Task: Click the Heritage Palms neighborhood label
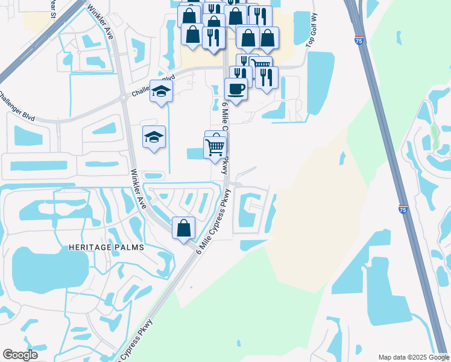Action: [106, 247]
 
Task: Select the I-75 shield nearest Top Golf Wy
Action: [359, 41]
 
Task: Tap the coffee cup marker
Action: [236, 89]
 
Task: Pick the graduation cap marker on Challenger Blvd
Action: [161, 91]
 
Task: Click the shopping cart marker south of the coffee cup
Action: [215, 146]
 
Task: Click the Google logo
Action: [20, 355]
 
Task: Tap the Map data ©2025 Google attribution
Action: [413, 357]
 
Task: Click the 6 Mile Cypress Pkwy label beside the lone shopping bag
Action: [215, 221]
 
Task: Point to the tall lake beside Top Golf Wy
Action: [320, 82]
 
